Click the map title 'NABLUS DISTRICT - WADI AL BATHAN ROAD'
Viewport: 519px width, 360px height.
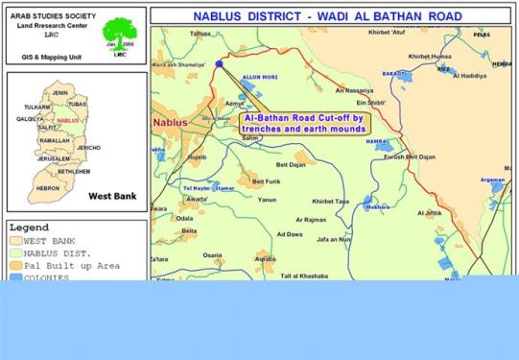tap(327, 16)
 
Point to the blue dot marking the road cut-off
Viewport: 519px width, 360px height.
tap(219, 63)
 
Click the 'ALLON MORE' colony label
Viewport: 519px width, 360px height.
tap(259, 74)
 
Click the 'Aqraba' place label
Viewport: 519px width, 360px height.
tap(265, 258)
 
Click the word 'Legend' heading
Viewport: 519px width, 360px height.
tap(30, 228)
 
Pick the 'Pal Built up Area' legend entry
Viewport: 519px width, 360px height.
tap(71, 264)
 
